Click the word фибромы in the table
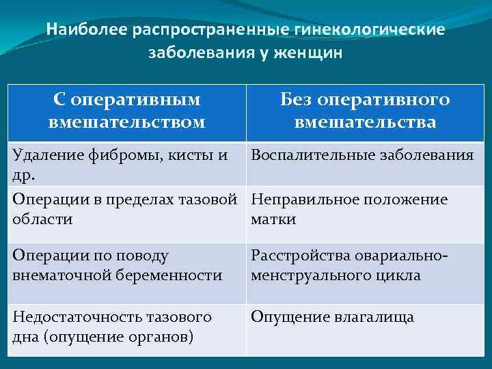coord(127,155)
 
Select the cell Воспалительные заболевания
coord(362,155)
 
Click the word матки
coord(273,219)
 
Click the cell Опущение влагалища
coord(332,317)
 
